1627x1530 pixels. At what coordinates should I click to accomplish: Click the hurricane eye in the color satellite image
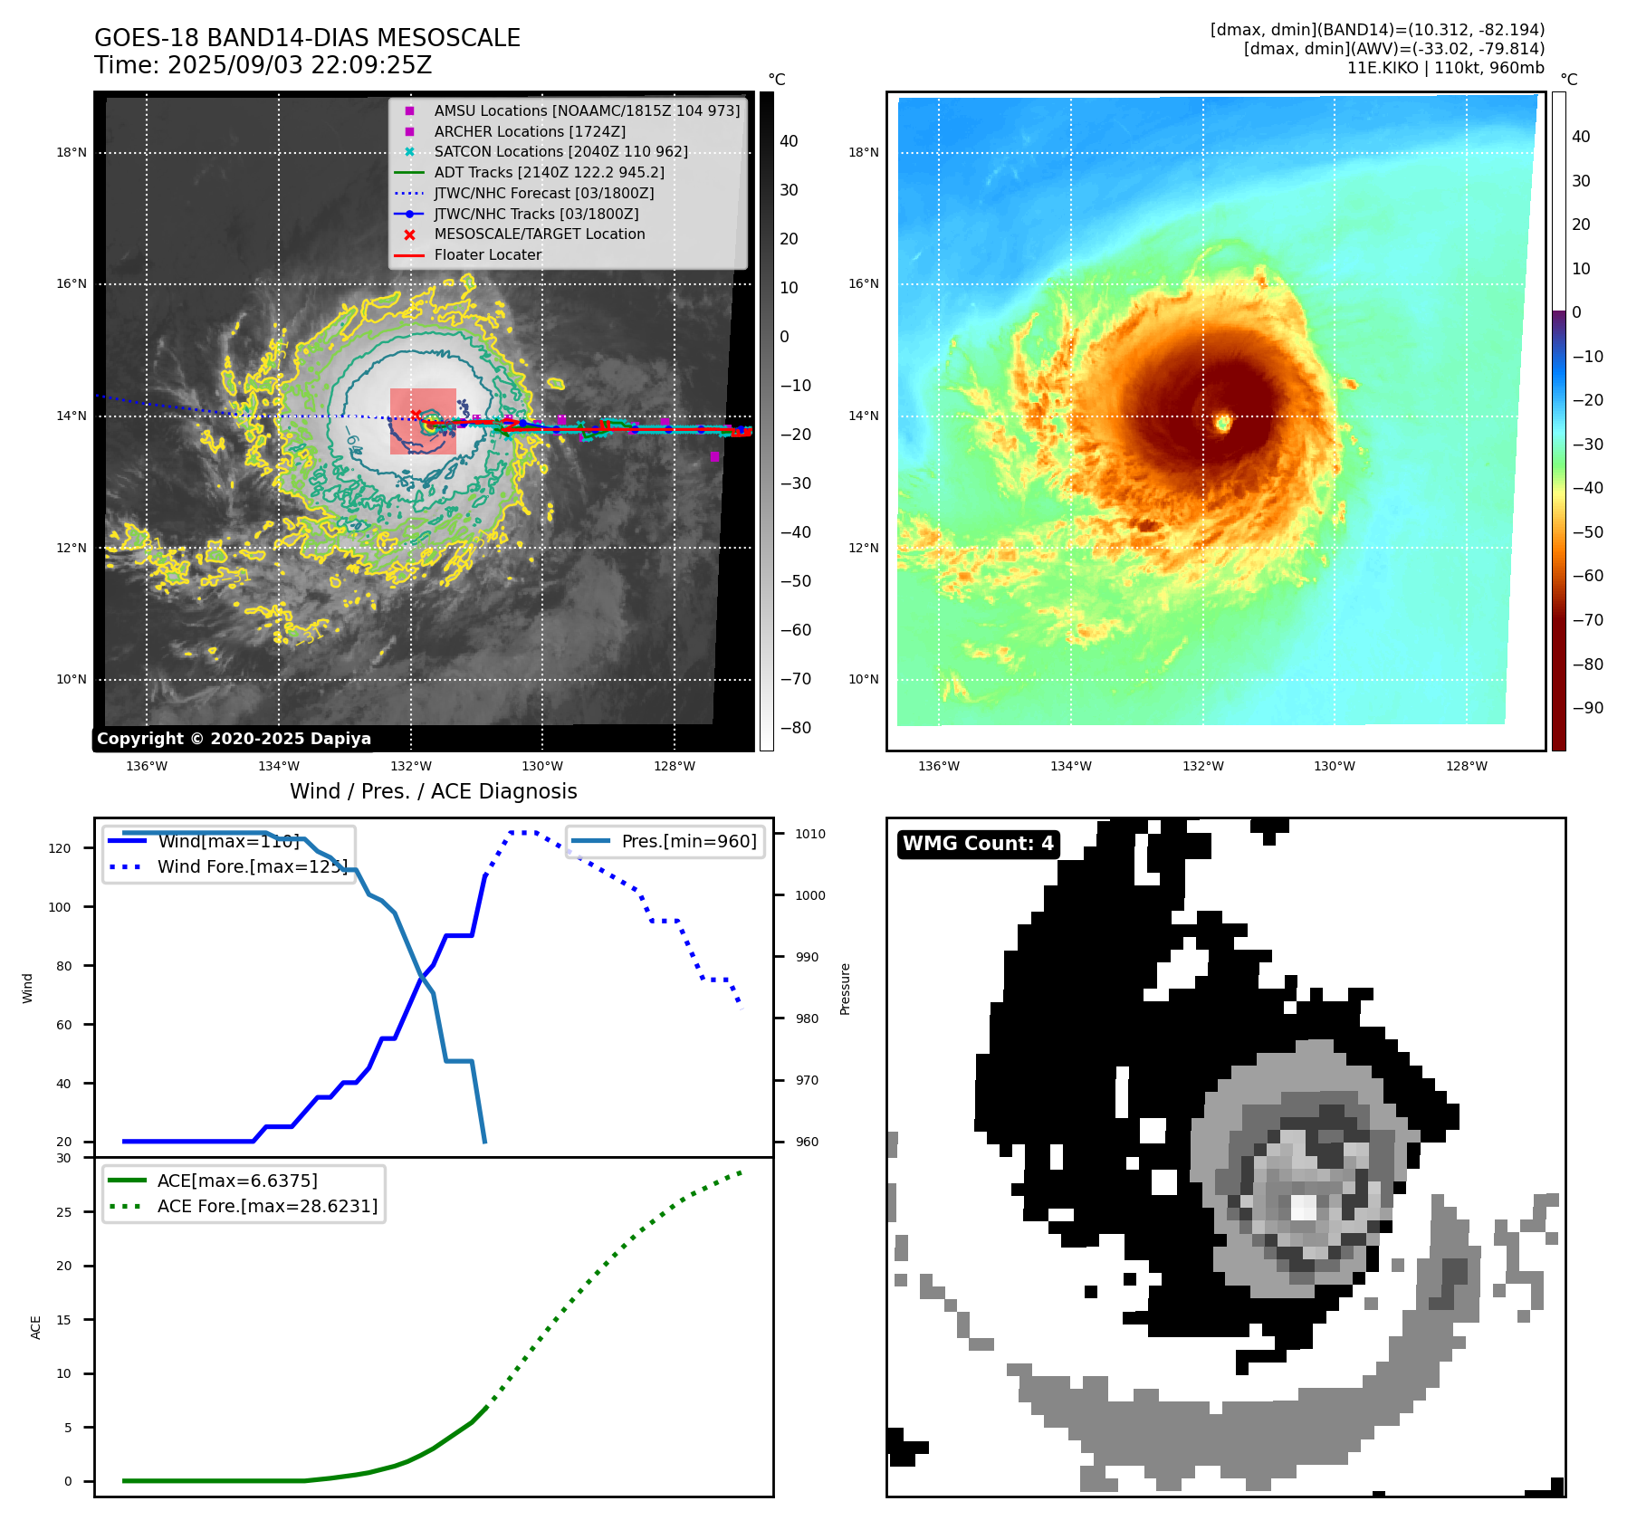tap(1223, 422)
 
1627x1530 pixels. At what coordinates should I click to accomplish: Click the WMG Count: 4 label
tap(978, 844)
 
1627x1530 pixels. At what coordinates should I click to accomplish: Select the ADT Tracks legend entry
tap(549, 172)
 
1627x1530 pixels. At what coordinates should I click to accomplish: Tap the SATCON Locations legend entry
tap(560, 151)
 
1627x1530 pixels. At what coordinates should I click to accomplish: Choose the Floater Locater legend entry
tap(487, 254)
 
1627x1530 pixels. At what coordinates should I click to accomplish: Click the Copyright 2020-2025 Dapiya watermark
tap(234, 739)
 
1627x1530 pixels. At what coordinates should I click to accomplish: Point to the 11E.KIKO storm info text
tap(1445, 68)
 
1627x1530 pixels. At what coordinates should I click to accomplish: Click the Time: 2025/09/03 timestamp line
tap(263, 65)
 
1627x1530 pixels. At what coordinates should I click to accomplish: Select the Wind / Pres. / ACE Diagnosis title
tap(433, 791)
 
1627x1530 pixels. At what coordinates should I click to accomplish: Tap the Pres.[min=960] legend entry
tap(688, 841)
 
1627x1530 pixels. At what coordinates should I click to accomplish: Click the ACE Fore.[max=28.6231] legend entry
tap(267, 1206)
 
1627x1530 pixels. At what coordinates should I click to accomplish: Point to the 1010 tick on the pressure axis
tap(810, 834)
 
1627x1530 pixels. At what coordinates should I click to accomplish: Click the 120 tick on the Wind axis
tap(60, 848)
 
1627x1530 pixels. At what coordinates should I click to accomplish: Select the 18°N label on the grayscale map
tap(72, 152)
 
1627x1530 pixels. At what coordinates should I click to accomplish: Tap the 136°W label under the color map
tap(938, 766)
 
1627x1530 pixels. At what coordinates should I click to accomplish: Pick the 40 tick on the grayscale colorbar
tap(789, 140)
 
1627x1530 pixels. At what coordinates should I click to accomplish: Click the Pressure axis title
tap(845, 989)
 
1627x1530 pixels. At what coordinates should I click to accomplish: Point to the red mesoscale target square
tap(423, 422)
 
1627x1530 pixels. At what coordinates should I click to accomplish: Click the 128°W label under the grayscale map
tap(675, 766)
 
